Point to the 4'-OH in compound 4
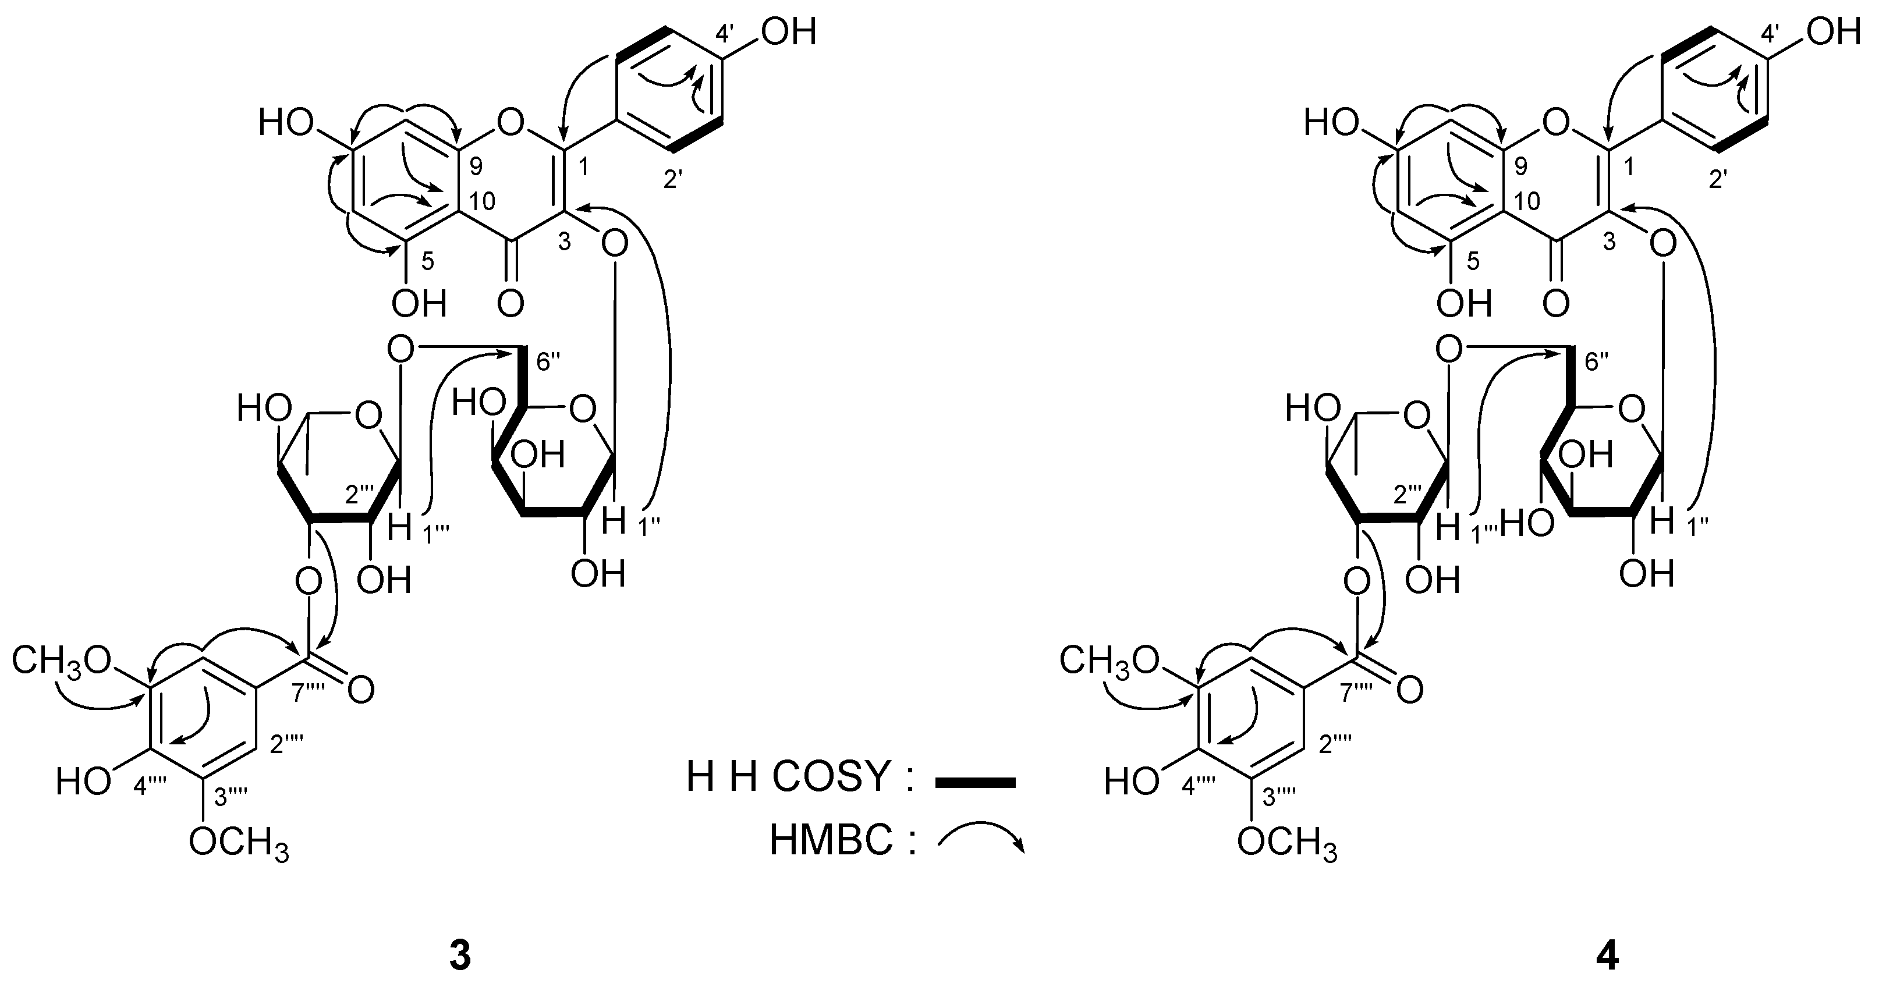pyautogui.click(x=1834, y=34)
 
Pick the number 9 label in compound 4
pyautogui.click(x=1520, y=167)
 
